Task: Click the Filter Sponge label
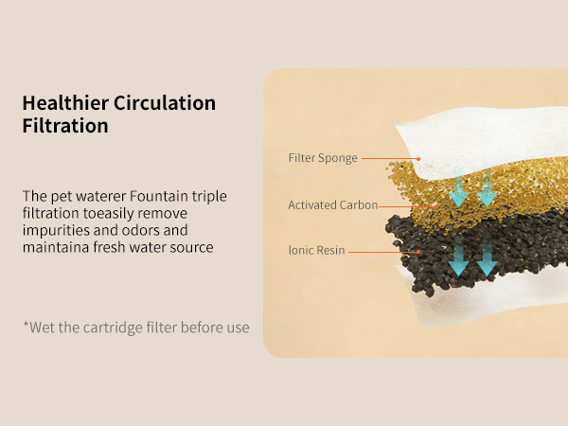[x=323, y=158]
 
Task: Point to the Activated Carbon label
[x=332, y=204]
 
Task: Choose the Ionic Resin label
[x=316, y=251]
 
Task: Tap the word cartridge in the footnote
[x=123, y=328]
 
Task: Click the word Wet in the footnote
[x=41, y=328]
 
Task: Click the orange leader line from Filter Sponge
[x=388, y=158]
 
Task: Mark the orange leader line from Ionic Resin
[x=383, y=251]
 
